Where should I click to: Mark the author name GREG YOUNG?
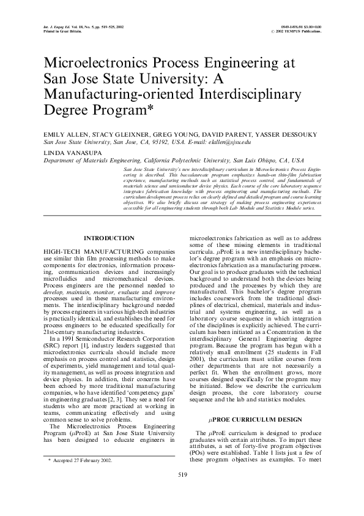tap(163, 133)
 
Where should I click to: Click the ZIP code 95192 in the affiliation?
tap(157, 140)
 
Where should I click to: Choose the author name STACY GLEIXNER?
tap(116, 133)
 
